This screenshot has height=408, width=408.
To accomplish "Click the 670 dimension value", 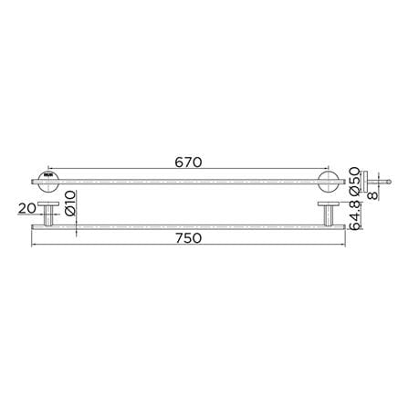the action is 188,162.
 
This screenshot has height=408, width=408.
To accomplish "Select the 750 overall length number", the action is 188,238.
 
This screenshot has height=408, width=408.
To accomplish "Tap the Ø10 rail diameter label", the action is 70,203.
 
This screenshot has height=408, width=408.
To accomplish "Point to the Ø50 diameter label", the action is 355,181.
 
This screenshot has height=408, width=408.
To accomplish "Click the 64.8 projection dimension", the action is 355,215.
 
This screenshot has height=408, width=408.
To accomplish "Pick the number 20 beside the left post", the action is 27,208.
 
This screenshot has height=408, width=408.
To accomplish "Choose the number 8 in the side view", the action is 372,195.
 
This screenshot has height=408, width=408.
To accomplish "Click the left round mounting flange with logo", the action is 48,182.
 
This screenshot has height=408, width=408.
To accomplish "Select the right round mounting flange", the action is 328,182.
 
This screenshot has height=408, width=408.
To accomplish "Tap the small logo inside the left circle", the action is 48,175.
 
